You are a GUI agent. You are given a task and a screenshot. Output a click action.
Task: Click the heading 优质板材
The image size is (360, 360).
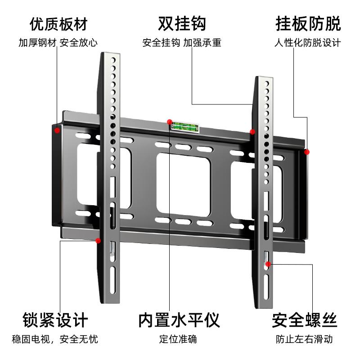click(58, 24)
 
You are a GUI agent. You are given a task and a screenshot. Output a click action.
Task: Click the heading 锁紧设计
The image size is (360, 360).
click(55, 320)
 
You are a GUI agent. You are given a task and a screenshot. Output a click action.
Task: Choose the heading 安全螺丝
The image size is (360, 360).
click(304, 320)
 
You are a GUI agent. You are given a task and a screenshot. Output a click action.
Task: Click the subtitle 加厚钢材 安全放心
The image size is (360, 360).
click(58, 44)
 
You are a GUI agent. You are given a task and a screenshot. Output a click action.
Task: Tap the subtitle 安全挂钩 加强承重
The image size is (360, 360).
click(182, 44)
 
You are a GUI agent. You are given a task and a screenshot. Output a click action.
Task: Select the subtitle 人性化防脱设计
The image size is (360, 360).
click(308, 44)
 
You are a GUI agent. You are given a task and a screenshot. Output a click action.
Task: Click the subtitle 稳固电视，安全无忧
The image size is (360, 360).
click(55, 339)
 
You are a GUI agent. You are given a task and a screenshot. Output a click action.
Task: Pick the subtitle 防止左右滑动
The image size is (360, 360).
click(304, 339)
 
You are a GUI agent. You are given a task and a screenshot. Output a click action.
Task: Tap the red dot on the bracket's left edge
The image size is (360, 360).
click(57, 130)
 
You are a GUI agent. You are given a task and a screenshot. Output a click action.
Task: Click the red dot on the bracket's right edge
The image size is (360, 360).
click(307, 152)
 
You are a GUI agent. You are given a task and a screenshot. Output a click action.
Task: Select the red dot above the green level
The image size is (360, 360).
click(169, 121)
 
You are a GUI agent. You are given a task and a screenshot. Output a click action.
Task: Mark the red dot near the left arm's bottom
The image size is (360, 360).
click(98, 241)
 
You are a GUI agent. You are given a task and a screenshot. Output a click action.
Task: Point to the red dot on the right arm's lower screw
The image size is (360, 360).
click(268, 264)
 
